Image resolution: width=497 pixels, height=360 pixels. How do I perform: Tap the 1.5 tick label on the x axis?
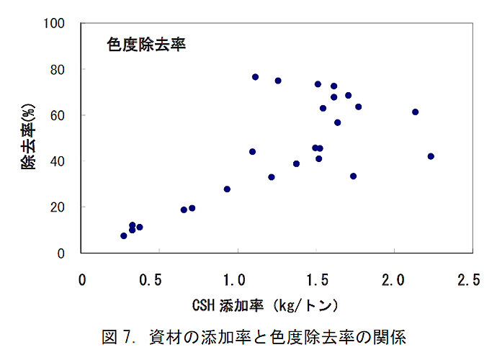(314, 279)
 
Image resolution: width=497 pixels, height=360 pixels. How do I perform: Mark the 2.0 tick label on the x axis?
(393, 279)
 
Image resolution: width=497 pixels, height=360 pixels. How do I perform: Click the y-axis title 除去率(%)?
(27, 138)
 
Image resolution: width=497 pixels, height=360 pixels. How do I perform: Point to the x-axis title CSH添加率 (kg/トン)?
(264, 305)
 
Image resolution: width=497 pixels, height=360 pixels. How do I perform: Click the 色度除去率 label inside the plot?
(146, 45)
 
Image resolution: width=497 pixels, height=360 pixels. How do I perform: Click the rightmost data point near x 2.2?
(431, 156)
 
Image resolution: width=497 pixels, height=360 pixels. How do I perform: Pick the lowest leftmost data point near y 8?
(124, 235)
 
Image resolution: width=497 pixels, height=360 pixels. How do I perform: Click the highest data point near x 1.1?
(255, 77)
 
